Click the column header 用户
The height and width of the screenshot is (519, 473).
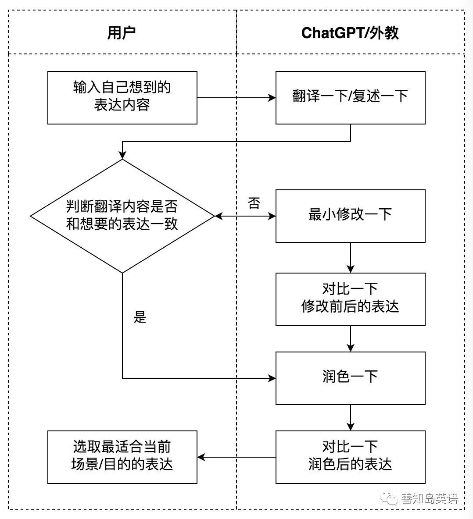[122, 33]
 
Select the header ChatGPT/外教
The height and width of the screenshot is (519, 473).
[350, 33]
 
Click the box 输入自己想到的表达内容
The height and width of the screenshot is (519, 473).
[122, 97]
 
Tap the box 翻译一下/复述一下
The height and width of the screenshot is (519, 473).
[350, 97]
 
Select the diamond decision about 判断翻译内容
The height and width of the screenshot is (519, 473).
[122, 216]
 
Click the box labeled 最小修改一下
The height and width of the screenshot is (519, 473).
[350, 216]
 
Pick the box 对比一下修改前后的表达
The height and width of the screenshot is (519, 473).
[350, 299]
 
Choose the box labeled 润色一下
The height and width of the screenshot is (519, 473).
[350, 378]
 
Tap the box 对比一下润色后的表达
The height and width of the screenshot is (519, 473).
[350, 457]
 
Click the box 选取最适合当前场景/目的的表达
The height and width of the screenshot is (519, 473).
[122, 457]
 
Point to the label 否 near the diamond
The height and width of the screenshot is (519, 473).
[254, 203]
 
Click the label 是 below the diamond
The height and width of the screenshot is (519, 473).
[140, 317]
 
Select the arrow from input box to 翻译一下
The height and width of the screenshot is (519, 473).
[236, 98]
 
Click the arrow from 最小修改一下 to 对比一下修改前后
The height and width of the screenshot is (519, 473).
[350, 258]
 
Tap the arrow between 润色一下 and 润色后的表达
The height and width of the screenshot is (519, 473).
[350, 417]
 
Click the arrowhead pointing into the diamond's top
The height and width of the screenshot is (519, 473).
[122, 155]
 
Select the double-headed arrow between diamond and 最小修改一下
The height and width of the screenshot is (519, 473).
[245, 216]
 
